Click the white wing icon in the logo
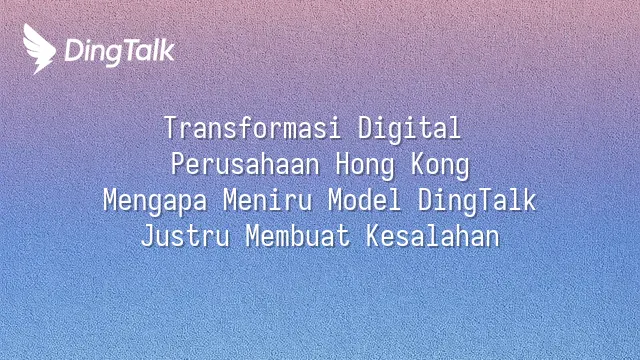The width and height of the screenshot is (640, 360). click(x=39, y=49)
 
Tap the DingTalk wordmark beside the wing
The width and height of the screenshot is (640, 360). click(x=120, y=52)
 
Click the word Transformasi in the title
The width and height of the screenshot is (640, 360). click(x=252, y=128)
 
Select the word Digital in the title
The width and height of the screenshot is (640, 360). click(x=409, y=129)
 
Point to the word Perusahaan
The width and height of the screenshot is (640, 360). click(x=245, y=164)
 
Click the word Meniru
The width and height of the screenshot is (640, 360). click(x=267, y=200)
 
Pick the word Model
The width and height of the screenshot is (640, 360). click(x=364, y=200)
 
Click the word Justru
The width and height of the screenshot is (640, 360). click(x=185, y=236)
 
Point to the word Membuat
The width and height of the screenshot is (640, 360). click(x=298, y=236)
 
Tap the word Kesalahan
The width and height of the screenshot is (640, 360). click(x=432, y=236)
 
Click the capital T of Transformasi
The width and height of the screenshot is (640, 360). click(x=171, y=128)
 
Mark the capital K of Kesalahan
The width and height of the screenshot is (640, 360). click(x=373, y=236)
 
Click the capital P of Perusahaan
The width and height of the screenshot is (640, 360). click(x=178, y=164)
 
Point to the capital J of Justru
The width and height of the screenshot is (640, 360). click(x=148, y=236)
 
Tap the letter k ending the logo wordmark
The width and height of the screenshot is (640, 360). click(x=167, y=50)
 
